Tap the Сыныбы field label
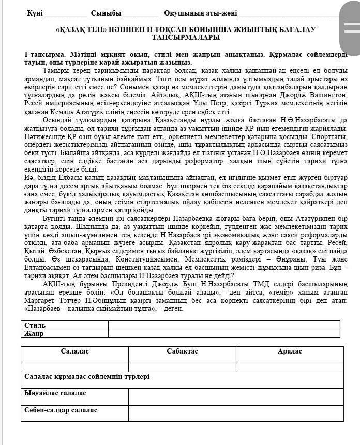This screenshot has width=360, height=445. [106, 13]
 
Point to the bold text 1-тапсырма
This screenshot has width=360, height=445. [44, 54]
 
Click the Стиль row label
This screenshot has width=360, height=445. [35, 325]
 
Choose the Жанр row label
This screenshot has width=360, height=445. [34, 333]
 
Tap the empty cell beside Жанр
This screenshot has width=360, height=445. [223, 333]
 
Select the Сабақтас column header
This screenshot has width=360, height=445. [182, 351]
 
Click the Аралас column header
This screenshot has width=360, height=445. [290, 351]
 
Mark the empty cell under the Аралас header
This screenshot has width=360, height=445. [290, 367]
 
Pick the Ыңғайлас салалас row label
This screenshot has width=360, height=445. [55, 393]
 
